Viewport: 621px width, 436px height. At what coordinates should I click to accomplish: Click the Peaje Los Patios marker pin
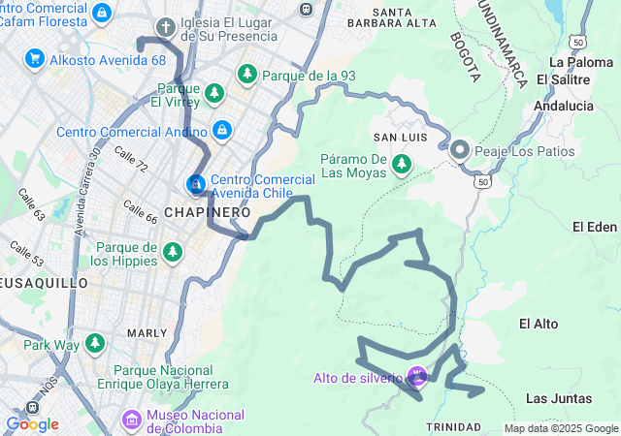click(x=460, y=151)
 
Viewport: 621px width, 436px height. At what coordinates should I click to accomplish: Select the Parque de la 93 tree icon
click(x=247, y=75)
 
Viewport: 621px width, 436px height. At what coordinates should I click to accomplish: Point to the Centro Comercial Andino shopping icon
click(x=222, y=130)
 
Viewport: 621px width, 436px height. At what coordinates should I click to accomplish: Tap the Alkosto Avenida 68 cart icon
click(x=35, y=59)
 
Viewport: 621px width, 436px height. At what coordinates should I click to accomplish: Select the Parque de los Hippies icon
click(x=173, y=253)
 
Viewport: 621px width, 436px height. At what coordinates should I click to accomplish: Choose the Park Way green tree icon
click(x=94, y=344)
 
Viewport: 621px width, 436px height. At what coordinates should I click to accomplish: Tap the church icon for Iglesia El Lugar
click(x=166, y=27)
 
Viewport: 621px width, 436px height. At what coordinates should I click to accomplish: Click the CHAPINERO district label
click(x=208, y=211)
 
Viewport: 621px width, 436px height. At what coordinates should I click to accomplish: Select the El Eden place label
click(x=594, y=227)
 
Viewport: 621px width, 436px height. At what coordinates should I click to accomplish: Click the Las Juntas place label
click(x=555, y=398)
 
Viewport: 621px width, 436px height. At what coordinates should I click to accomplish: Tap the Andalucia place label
click(x=563, y=106)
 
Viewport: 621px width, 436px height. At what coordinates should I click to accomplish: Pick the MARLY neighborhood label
click(x=147, y=332)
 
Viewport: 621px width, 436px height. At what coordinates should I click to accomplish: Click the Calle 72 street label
click(x=130, y=160)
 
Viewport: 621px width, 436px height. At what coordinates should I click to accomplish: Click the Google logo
click(x=32, y=424)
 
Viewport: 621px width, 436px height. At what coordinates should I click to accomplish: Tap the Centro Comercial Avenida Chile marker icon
click(x=195, y=183)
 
